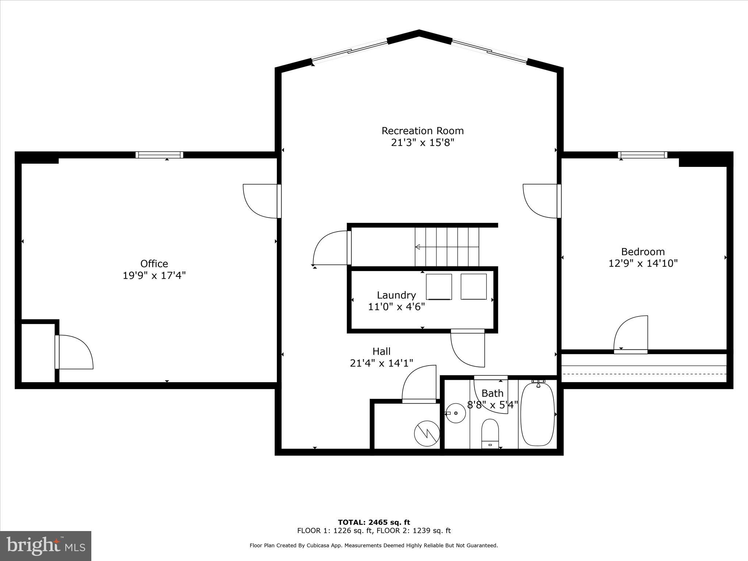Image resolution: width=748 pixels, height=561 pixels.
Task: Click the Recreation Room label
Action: coord(423,131)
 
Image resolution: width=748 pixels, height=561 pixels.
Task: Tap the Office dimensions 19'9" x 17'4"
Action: coord(154,275)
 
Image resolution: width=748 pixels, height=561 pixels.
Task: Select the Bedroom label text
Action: coord(643,252)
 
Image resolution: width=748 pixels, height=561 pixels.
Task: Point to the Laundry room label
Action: coord(396,295)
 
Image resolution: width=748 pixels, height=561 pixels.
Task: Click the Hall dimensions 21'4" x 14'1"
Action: coord(381,363)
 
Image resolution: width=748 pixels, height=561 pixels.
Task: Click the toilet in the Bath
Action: coord(490,433)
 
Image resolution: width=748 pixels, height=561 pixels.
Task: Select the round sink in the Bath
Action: coord(456,413)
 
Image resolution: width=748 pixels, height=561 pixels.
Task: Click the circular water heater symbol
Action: coord(427,434)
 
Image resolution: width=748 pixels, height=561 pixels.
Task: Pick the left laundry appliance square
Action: coord(439,287)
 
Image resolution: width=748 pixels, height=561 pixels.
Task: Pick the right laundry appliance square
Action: coord(473,287)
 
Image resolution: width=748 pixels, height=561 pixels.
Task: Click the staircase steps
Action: coord(447,247)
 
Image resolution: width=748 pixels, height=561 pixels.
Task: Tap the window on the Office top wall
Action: coord(159,155)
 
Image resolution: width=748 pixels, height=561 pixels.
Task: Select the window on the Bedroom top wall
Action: coord(642,155)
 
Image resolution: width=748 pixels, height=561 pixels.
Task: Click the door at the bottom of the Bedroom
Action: coord(631,335)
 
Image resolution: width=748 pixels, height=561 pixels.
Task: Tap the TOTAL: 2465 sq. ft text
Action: coord(374,522)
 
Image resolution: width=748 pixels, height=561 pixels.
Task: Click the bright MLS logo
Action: coord(46,546)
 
